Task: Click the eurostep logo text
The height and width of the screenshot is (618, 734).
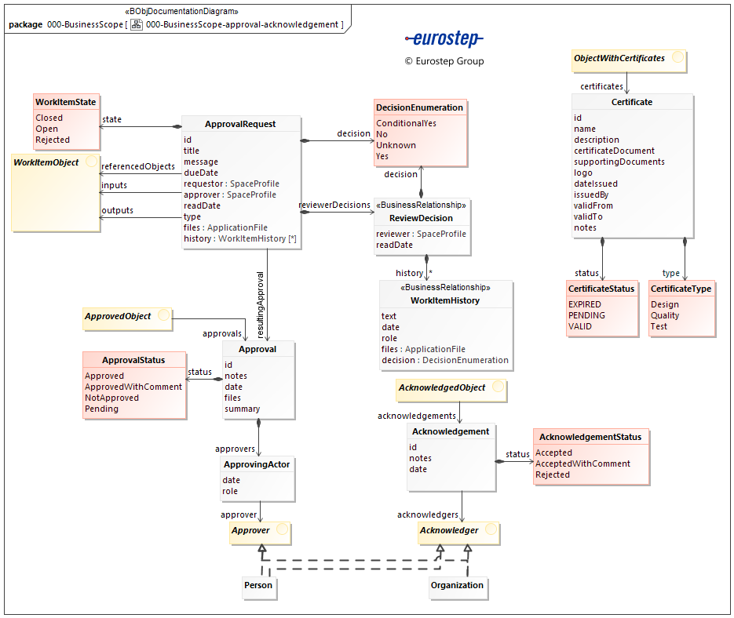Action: pyautogui.click(x=444, y=38)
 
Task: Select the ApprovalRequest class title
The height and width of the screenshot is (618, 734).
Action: pyautogui.click(x=240, y=124)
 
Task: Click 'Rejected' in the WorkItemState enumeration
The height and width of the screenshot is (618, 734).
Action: pyautogui.click(x=53, y=140)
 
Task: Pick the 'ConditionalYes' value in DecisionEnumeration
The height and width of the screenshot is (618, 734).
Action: pyautogui.click(x=406, y=123)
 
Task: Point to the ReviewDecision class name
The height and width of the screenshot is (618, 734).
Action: pyautogui.click(x=421, y=218)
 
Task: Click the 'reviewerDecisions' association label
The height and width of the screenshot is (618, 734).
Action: pyautogui.click(x=334, y=205)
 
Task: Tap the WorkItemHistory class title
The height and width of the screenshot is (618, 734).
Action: pyautogui.click(x=445, y=300)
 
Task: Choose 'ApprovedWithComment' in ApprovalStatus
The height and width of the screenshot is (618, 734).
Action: pyautogui.click(x=133, y=387)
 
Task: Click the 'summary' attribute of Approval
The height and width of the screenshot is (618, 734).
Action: pyautogui.click(x=242, y=409)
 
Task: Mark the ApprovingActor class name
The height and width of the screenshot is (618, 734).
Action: pyautogui.click(x=257, y=464)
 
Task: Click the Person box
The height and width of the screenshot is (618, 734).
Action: pyautogui.click(x=258, y=585)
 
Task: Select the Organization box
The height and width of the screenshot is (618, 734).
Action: pyautogui.click(x=458, y=585)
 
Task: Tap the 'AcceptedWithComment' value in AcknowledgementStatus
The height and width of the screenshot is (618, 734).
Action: pyautogui.click(x=582, y=463)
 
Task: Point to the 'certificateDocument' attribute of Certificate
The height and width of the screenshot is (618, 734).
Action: pyautogui.click(x=614, y=151)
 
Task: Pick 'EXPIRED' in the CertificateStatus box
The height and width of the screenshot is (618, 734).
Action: pyautogui.click(x=585, y=304)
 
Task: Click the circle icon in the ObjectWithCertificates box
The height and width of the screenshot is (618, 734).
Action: pyautogui.click(x=677, y=58)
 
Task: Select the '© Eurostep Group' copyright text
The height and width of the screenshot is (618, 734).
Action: pyautogui.click(x=444, y=61)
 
